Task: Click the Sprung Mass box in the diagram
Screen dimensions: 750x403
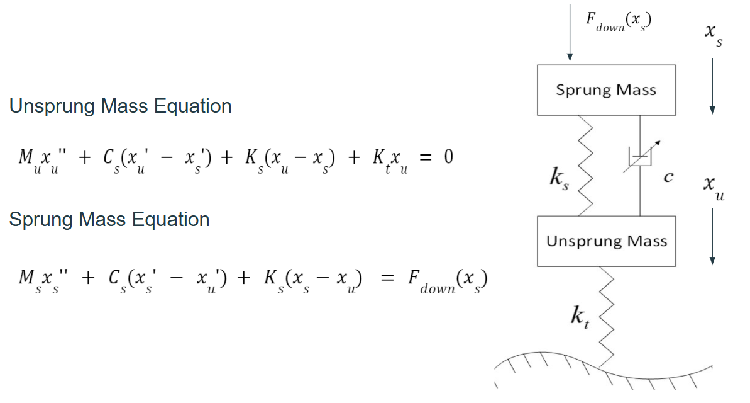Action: click(x=606, y=89)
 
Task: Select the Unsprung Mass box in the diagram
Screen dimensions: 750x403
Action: click(x=606, y=241)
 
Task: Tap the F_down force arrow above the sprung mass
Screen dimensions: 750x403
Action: click(x=570, y=31)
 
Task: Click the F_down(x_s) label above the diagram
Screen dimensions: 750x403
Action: click(x=618, y=21)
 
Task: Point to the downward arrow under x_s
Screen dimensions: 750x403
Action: click(x=712, y=85)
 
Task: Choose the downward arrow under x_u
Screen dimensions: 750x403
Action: click(x=712, y=234)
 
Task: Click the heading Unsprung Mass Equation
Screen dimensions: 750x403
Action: click(x=120, y=106)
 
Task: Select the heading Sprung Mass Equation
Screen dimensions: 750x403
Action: click(x=109, y=219)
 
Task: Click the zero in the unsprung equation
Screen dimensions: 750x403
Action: click(x=448, y=156)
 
